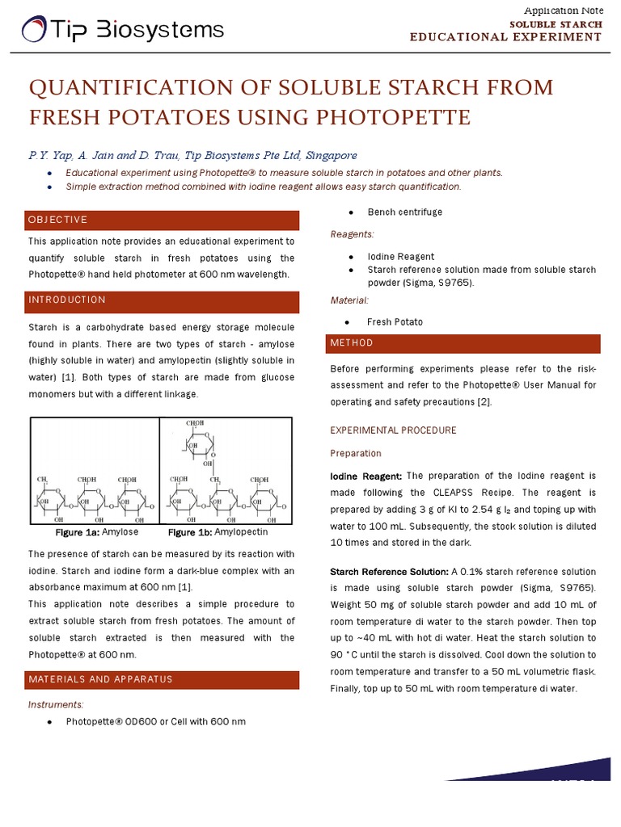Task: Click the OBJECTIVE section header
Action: (57, 220)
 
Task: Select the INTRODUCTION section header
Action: (67, 300)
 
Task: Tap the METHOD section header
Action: (351, 343)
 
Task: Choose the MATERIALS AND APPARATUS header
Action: (100, 679)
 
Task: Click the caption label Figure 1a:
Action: (76, 533)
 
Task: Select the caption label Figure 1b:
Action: (190, 533)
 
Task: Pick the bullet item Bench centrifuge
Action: (404, 212)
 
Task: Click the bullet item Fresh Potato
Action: (395, 322)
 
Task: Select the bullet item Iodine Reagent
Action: (400, 257)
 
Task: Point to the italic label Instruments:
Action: (56, 704)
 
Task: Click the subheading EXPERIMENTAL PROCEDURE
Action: (393, 430)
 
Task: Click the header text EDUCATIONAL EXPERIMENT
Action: (505, 37)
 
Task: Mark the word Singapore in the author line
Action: (327, 155)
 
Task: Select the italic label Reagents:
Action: (352, 234)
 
